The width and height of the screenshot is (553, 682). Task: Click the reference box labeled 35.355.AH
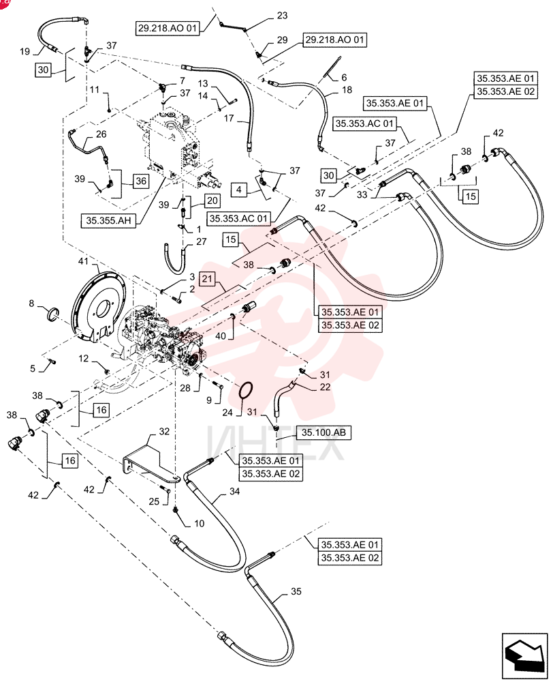click(108, 220)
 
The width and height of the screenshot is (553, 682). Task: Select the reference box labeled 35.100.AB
click(323, 432)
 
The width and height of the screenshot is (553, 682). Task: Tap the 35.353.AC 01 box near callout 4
click(238, 218)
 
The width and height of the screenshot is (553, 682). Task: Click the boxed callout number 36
click(141, 181)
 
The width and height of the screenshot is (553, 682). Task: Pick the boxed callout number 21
click(207, 278)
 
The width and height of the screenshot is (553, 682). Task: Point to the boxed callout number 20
click(212, 201)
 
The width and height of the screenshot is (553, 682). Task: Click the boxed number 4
click(239, 190)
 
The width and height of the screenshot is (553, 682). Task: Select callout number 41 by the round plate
click(83, 261)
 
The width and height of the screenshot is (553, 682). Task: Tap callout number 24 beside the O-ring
click(227, 412)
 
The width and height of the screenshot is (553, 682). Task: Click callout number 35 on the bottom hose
click(296, 591)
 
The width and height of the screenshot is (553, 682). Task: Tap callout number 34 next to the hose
click(234, 492)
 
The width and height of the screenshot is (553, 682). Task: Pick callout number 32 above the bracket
click(163, 432)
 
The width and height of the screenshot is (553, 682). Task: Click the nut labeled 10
click(176, 509)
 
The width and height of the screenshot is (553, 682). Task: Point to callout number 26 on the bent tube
click(101, 134)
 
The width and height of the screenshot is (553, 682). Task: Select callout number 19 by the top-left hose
click(25, 51)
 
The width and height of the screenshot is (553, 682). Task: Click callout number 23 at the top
click(283, 16)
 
